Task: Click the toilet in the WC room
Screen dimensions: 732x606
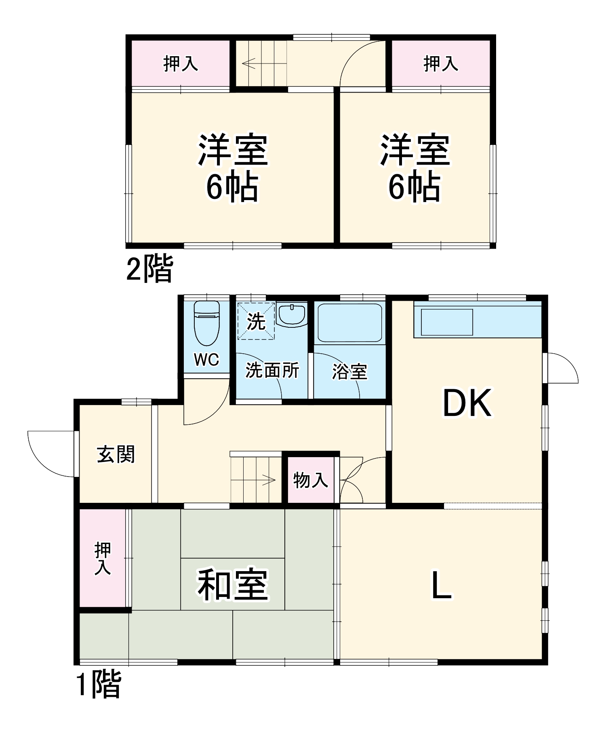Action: coord(206,324)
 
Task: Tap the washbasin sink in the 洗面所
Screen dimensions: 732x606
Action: coord(291,315)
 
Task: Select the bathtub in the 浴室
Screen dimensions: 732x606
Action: coord(349,323)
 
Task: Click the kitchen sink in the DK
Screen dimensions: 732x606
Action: coord(447,322)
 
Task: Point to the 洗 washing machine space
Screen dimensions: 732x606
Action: coord(256,321)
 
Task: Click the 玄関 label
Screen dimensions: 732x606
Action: coord(116,454)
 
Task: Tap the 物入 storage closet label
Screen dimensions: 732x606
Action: coord(310,480)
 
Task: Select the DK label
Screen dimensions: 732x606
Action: coord(467,403)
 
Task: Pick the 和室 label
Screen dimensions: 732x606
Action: coord(233,585)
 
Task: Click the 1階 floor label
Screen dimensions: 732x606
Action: coord(99,684)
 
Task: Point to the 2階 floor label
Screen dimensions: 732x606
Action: coord(149,268)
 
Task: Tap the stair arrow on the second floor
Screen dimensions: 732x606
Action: coord(249,63)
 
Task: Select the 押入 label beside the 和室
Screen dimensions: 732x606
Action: coord(103,559)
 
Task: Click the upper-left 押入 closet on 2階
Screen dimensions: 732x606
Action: coord(181,64)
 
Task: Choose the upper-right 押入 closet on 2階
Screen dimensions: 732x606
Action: coord(441,64)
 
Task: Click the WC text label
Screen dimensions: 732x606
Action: coord(206,359)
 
